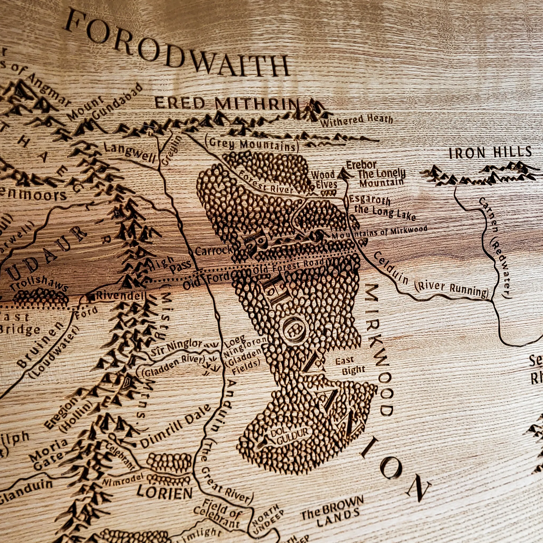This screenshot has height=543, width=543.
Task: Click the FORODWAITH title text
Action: pos(177,42)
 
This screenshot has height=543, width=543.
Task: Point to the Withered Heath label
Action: pos(356,121)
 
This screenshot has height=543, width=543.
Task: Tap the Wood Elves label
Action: pos(323,180)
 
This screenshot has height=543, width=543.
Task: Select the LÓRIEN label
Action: pos(165,492)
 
